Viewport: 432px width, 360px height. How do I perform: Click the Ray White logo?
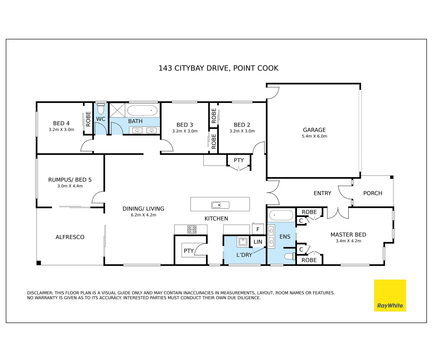click(390, 295)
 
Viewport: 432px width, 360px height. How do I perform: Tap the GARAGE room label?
click(314, 130)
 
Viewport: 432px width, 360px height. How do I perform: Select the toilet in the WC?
click(101, 109)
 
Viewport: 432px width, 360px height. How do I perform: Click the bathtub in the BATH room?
click(142, 110)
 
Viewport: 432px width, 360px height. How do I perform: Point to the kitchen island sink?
click(220, 205)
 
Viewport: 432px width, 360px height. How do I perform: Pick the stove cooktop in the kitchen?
click(192, 229)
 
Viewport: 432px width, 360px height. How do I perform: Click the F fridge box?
click(258, 229)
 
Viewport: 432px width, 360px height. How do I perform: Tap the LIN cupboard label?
click(258, 242)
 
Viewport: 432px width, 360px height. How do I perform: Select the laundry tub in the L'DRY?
click(243, 242)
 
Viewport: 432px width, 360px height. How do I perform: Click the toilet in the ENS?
click(290, 256)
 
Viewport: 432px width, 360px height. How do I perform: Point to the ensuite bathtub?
click(281, 215)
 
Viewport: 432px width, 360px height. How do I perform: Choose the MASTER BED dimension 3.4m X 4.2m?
click(348, 241)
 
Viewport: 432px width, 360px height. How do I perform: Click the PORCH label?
click(373, 193)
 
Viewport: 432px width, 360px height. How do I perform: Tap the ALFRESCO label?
click(70, 237)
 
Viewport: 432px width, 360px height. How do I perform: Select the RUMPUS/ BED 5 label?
click(70, 180)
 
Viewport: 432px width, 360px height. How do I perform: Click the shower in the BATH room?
click(117, 110)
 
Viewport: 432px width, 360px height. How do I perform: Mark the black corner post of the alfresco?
click(39, 263)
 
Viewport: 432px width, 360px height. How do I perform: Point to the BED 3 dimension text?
click(185, 131)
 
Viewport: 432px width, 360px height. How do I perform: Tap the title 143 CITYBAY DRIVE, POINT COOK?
click(218, 68)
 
